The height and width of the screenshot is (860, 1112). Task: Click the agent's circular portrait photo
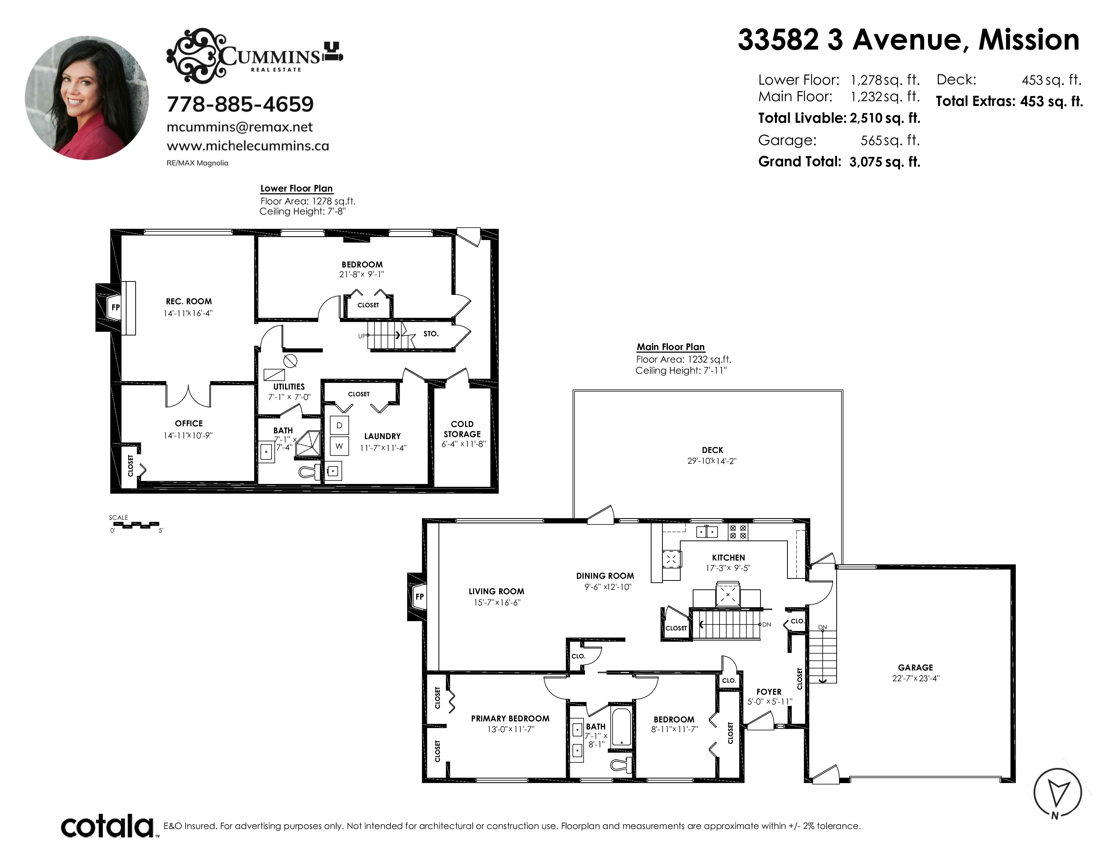pyautogui.click(x=87, y=98)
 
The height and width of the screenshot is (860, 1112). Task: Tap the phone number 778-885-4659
pyautogui.click(x=240, y=105)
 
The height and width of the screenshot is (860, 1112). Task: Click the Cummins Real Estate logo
pyautogui.click(x=254, y=56)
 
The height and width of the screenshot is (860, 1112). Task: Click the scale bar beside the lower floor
pyautogui.click(x=134, y=524)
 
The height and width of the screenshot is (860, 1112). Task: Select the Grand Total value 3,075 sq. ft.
pyautogui.click(x=885, y=162)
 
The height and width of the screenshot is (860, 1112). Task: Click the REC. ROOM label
pyautogui.click(x=189, y=302)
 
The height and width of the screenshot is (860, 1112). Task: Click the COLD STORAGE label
pyautogui.click(x=462, y=429)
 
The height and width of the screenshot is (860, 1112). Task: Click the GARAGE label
pyautogui.click(x=916, y=667)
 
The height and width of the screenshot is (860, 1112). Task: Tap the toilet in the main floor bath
pyautogui.click(x=621, y=765)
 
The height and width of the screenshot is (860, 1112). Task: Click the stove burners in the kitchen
pyautogui.click(x=738, y=532)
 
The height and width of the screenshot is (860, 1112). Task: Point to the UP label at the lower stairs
pyautogui.click(x=362, y=336)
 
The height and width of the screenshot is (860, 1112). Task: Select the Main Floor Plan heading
pyautogui.click(x=671, y=347)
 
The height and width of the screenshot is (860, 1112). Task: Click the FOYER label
pyautogui.click(x=769, y=692)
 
